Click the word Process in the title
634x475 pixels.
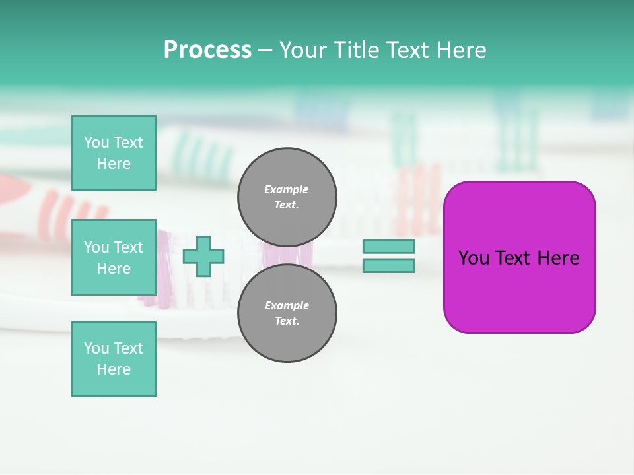click(207, 50)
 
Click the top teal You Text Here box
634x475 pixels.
click(114, 153)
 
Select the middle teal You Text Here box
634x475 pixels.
click(114, 257)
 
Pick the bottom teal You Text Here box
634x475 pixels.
click(114, 359)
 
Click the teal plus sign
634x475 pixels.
click(203, 256)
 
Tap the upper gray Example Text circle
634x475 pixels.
click(287, 197)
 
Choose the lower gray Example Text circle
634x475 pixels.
click(287, 313)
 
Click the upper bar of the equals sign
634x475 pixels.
click(388, 246)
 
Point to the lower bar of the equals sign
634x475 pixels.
click(388, 265)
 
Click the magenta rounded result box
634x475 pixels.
click(519, 290)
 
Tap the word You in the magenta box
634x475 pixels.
click(474, 258)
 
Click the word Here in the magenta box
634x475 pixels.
click(559, 258)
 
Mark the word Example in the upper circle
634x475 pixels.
click(286, 189)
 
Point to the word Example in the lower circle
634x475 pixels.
click(287, 305)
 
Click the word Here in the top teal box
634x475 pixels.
click(114, 164)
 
